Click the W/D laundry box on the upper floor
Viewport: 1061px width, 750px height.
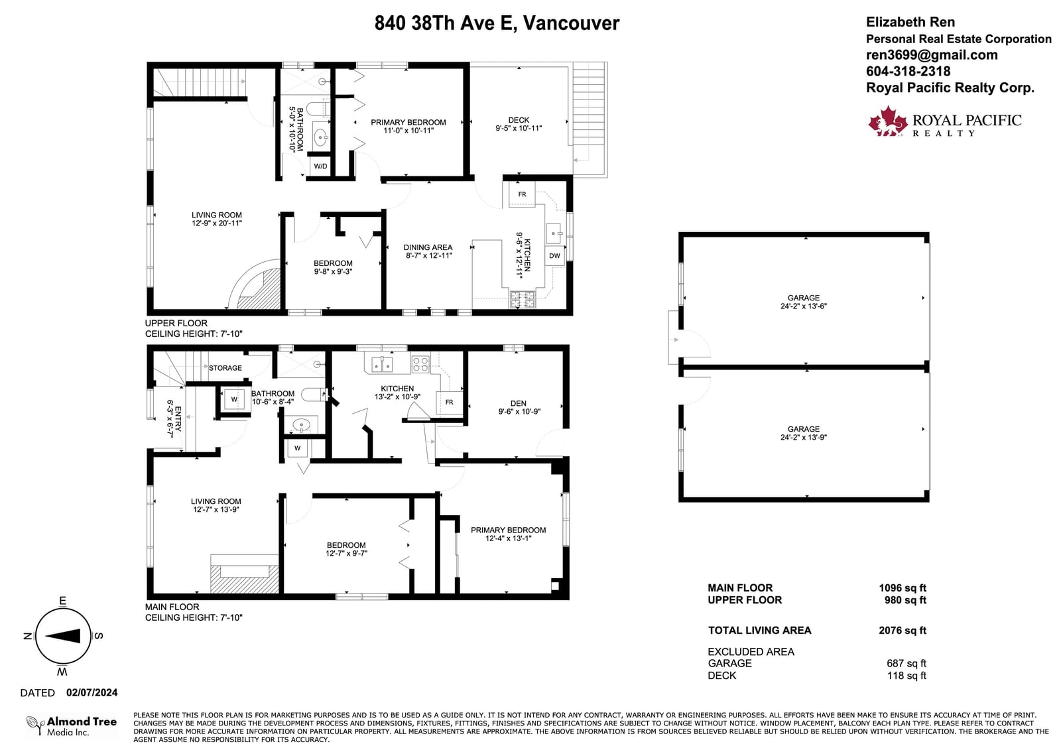320,166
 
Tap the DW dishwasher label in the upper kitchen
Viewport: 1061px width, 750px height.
554,256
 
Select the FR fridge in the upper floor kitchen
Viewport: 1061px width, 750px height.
522,194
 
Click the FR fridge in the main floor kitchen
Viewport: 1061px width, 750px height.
449,403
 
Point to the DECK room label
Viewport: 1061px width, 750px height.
519,120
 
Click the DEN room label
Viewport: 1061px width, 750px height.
518,403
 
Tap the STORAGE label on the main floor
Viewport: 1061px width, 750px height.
225,367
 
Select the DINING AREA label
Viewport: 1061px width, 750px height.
428,247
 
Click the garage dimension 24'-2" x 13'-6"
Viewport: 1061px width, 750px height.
803,306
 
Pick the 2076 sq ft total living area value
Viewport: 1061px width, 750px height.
903,630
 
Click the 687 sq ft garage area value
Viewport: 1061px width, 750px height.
906,663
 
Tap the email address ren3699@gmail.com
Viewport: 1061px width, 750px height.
932,55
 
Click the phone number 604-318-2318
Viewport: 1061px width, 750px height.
908,71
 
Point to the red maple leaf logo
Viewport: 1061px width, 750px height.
888,121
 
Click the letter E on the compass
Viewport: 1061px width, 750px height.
62,601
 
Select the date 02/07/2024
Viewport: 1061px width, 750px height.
92,693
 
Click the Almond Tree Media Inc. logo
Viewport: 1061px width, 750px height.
72,726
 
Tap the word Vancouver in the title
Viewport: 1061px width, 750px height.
571,23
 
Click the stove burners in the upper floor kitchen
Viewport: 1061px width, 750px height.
522,300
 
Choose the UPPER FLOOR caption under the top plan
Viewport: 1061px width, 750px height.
176,323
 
